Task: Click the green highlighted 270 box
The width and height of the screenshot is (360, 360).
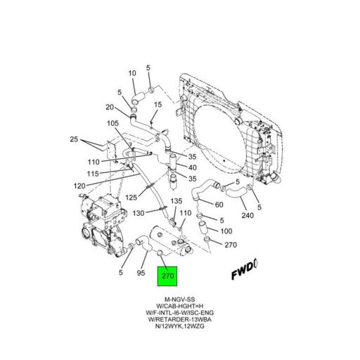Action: point(168,276)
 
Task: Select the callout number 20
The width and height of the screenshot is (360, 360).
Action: point(110,107)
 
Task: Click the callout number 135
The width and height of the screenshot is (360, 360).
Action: point(176,202)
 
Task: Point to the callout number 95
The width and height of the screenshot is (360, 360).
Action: point(140,273)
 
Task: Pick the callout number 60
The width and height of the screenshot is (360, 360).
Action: point(219,205)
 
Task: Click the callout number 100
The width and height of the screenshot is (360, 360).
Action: point(226,231)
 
